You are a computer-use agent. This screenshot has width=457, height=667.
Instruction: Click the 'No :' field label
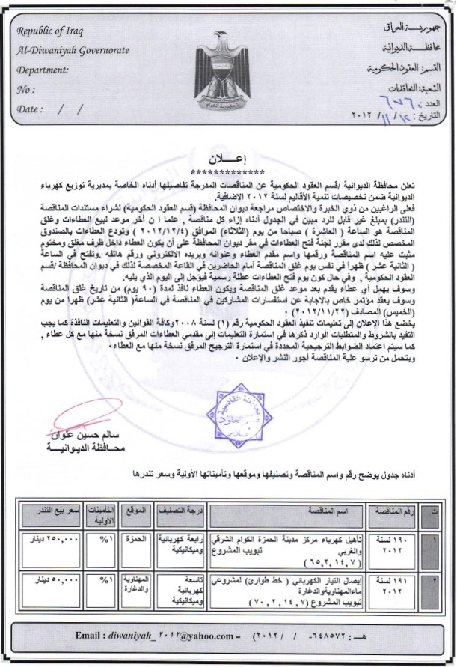(25, 89)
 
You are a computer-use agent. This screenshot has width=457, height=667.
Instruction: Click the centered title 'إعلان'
(229, 160)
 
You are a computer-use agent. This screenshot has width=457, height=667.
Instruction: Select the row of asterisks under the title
(229, 170)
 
